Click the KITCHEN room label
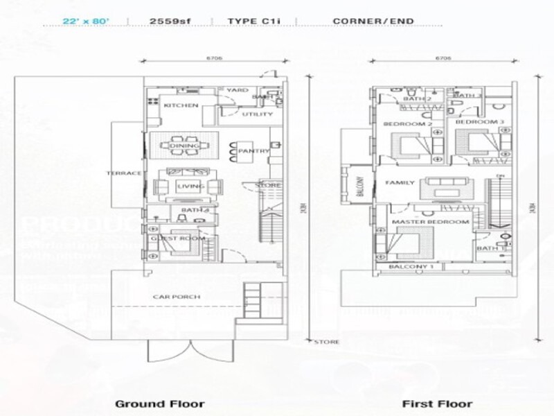point(181,106)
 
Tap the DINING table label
point(188,146)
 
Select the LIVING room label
point(190,187)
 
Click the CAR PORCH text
point(177,297)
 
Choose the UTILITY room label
point(253,115)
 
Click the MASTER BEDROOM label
point(431,222)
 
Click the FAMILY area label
point(400,183)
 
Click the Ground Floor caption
point(159,404)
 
